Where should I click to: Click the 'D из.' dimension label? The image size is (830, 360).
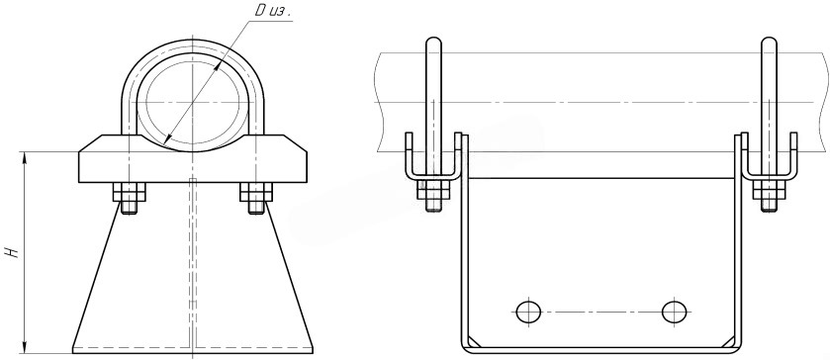(273, 12)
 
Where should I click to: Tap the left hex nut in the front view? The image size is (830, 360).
(129, 192)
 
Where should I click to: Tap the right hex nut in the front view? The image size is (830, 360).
(256, 192)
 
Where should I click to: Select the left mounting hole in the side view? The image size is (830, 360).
(528, 312)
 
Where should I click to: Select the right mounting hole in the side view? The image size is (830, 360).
(675, 312)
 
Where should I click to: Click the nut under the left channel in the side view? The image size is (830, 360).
(433, 190)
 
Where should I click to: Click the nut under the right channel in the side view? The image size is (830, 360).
(769, 190)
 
